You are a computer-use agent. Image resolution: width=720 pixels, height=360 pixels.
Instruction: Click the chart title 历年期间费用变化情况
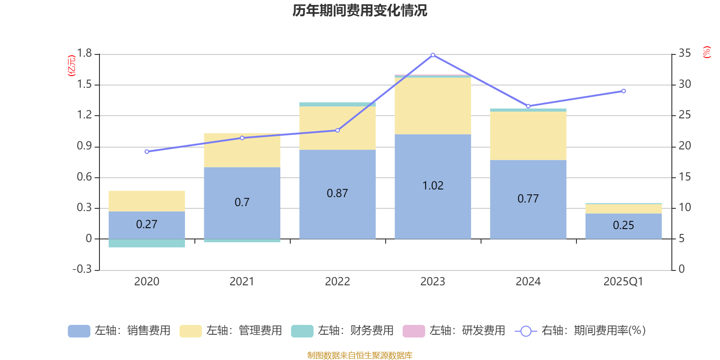coord(360,10)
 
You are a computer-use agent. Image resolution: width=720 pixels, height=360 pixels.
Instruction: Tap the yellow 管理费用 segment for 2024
coord(528,135)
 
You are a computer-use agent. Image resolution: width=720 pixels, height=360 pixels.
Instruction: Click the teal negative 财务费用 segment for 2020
coord(147,243)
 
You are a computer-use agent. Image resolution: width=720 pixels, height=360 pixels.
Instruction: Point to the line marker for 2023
coord(433,55)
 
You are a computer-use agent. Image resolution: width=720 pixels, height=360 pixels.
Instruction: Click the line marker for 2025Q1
coord(623,91)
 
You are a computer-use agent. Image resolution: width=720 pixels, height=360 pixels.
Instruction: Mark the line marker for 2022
coord(337,130)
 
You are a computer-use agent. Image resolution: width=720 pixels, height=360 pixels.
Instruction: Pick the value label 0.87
coord(337,193)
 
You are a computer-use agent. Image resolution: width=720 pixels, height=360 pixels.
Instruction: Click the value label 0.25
coord(623,225)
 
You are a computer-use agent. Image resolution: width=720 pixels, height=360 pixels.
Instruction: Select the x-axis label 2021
coord(242,282)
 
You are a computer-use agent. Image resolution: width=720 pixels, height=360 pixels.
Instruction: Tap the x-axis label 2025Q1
coord(623,282)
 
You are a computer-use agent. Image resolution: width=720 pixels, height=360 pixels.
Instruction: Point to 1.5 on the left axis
coord(84,85)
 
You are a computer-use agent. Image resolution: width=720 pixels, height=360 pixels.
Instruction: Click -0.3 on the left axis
coord(82,269)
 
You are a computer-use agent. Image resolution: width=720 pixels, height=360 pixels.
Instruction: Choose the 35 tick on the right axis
coord(684,54)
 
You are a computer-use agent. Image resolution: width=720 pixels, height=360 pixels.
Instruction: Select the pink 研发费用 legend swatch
coord(414,331)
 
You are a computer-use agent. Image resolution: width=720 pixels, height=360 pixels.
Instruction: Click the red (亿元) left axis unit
coord(72,66)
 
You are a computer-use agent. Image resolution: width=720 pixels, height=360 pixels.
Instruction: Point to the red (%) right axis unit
coord(707,52)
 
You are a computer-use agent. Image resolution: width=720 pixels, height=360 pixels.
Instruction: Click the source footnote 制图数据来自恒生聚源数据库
coord(360,355)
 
